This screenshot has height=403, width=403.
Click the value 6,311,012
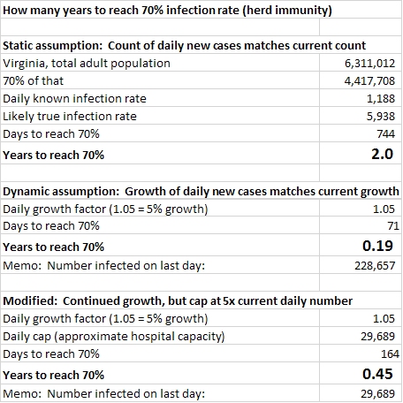(x=369, y=64)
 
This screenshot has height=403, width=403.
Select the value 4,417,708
(x=369, y=81)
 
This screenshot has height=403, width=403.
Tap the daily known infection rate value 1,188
(x=381, y=99)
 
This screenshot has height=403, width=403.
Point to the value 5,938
(x=381, y=117)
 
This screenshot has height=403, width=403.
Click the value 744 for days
(x=386, y=134)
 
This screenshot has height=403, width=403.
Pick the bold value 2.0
(x=382, y=154)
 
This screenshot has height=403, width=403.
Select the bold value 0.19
(x=377, y=246)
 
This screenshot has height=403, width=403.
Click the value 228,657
(x=375, y=266)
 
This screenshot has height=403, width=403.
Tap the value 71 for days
(x=393, y=226)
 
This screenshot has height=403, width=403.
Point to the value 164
(x=391, y=354)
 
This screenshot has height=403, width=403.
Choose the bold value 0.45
(x=377, y=374)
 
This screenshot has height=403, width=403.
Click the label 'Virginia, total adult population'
(x=87, y=64)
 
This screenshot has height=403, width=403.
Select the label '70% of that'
(x=33, y=81)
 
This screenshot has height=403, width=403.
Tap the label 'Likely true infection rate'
(x=70, y=117)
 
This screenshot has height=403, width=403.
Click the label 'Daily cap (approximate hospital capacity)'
(x=114, y=337)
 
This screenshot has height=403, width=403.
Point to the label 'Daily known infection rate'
(x=74, y=99)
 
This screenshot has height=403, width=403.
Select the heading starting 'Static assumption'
(x=185, y=46)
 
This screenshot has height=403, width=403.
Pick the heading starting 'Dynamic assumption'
(x=201, y=192)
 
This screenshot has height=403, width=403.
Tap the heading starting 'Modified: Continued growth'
(x=178, y=301)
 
